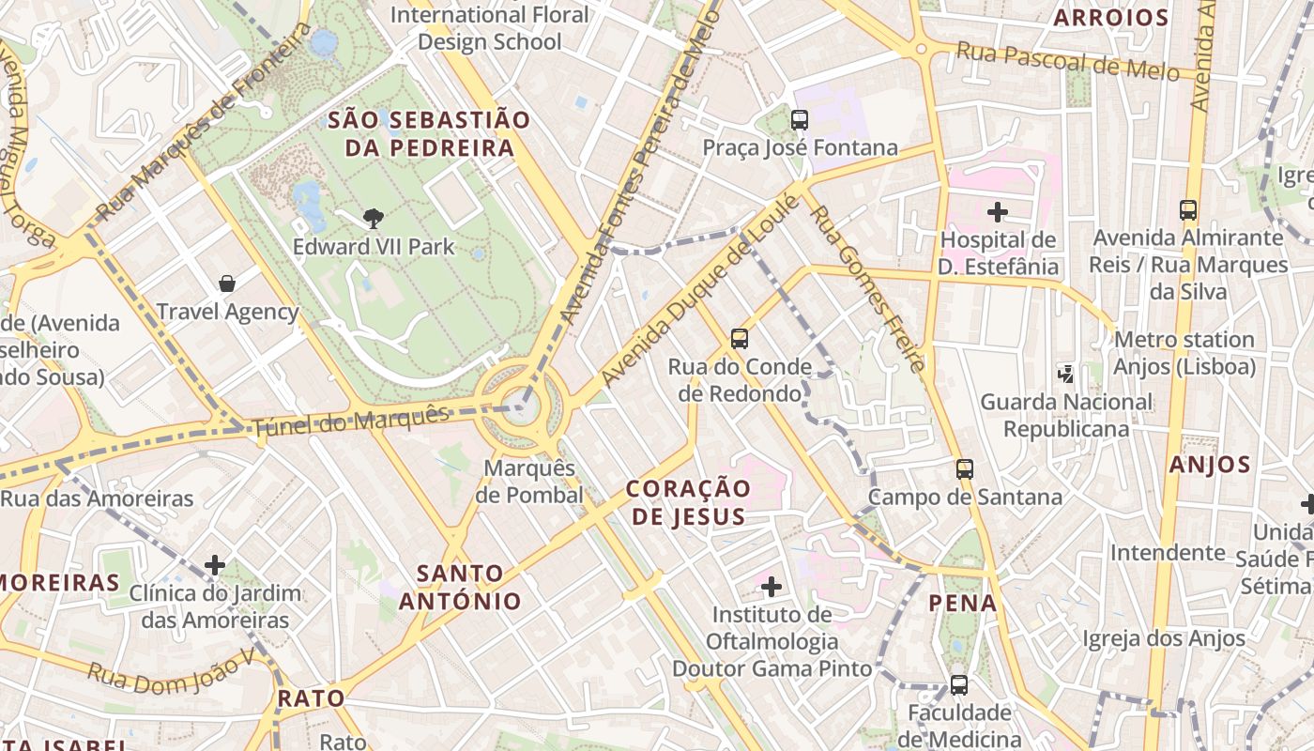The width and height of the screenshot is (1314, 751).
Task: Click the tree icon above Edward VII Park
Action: point(374,219)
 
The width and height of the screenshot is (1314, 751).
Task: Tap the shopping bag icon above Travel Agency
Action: point(226,283)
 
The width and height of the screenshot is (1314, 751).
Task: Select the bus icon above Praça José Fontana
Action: point(800,119)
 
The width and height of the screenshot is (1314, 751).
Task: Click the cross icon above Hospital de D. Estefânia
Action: point(998,211)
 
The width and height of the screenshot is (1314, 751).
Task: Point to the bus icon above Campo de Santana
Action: point(965,468)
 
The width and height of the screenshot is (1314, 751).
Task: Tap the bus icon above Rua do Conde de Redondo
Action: point(740,338)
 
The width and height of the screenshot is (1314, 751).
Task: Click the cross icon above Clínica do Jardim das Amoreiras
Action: point(215,564)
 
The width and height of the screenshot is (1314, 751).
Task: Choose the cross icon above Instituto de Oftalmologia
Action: point(772,587)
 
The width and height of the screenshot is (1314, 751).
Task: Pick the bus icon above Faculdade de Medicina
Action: point(958,684)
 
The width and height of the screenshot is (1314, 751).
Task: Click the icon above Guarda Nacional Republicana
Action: point(1066,374)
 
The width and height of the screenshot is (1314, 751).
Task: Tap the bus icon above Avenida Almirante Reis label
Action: point(1188,209)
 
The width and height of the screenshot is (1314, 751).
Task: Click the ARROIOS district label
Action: point(1110,18)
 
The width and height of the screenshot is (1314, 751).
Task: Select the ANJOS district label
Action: point(1210,464)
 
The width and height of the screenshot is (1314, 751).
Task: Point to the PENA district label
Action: point(963,603)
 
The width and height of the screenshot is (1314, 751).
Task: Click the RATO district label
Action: point(312,698)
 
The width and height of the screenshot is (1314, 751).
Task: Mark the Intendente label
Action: point(1168,552)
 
